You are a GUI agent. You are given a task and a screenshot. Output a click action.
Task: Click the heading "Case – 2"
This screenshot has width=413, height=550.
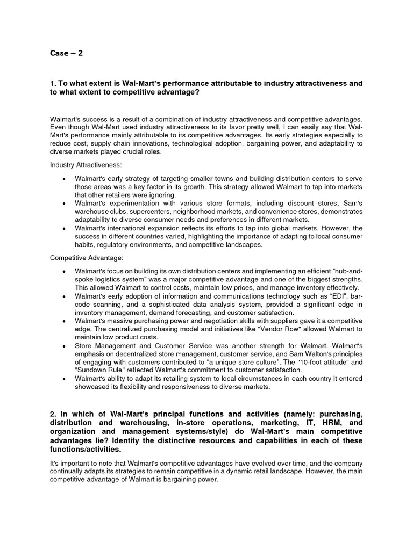67,53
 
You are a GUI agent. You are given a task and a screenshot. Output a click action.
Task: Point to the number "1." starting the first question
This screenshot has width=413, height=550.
53,83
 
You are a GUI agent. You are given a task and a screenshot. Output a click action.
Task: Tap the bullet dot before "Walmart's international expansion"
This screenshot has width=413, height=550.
65,228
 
